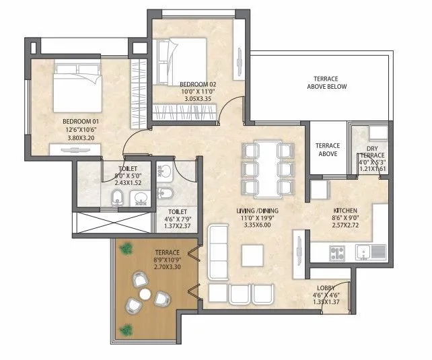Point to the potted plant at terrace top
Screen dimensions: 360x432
tap(125, 249)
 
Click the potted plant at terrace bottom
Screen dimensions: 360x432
tap(126, 330)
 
